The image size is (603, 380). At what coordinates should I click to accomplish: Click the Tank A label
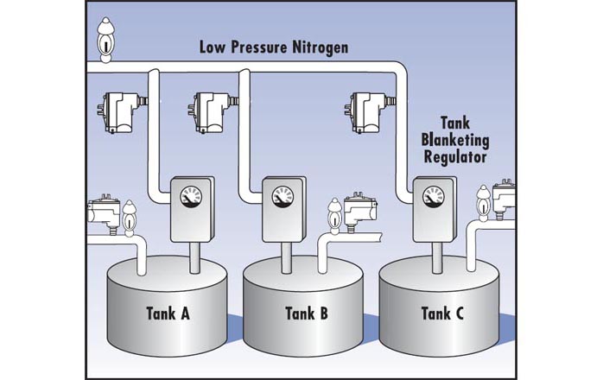pos(165,313)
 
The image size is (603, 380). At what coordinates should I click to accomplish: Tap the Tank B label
pos(306,313)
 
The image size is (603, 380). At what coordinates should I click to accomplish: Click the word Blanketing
pos(455,140)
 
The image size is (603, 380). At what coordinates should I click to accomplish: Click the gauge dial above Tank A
pos(191,197)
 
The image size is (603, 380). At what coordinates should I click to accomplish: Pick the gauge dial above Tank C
pos(433,197)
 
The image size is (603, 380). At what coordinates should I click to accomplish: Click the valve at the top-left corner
pos(105,39)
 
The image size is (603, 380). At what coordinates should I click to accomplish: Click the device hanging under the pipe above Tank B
pos(210,113)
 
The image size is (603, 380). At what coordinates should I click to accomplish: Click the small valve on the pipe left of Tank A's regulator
pos(130,218)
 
